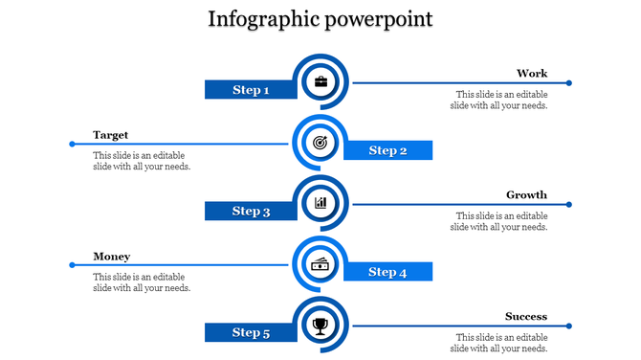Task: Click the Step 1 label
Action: point(251,90)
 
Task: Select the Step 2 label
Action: point(387,150)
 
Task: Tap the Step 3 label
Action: point(251,211)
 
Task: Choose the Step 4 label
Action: point(387,272)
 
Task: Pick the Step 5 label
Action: point(251,332)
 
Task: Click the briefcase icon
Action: point(320,82)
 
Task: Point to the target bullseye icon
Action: point(320,143)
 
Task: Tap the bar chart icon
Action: point(320,203)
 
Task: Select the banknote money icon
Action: point(320,264)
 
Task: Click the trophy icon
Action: point(320,326)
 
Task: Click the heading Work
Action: point(532,74)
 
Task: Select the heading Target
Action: point(111,135)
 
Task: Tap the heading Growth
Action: point(526,195)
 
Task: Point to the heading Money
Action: point(112,257)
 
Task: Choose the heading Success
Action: point(526,317)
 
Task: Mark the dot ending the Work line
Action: point(568,83)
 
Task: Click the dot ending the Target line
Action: point(72,145)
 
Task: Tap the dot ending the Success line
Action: point(568,326)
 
